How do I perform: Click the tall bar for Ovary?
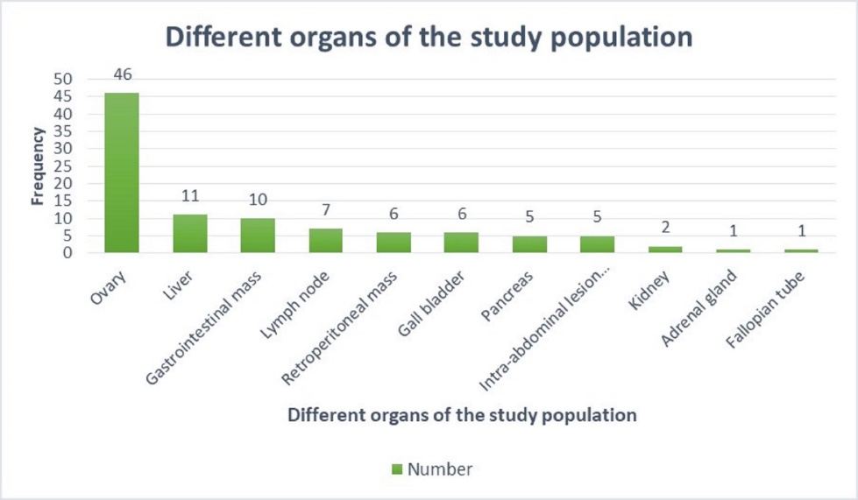click(x=122, y=173)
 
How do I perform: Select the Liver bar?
click(x=189, y=234)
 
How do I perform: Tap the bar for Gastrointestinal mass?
click(x=258, y=236)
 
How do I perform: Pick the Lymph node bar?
click(x=325, y=241)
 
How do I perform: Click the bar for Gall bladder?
click(x=461, y=243)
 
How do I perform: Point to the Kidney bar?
click(x=665, y=250)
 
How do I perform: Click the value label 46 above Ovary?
click(x=122, y=76)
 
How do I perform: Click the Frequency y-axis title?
click(x=39, y=166)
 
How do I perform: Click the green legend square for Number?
click(x=396, y=469)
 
